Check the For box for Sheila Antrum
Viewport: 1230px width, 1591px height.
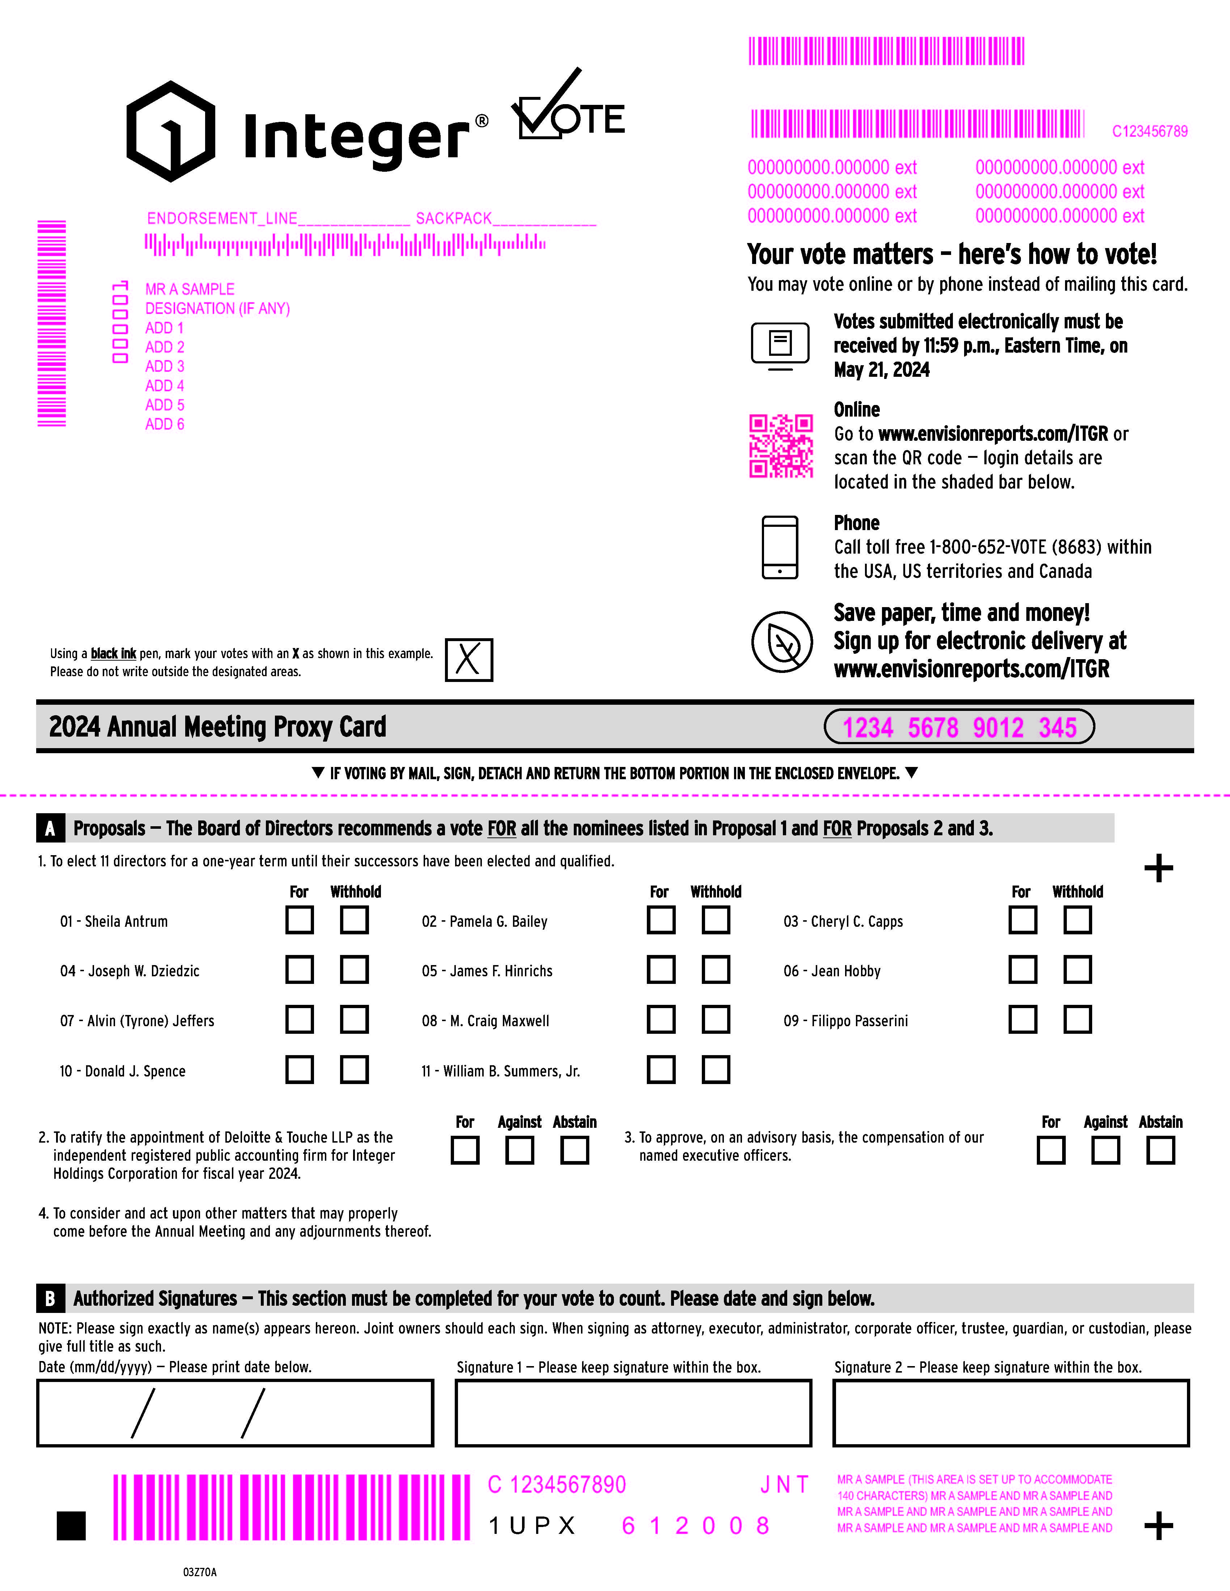pyautogui.click(x=300, y=920)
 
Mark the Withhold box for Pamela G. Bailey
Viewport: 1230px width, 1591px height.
pyautogui.click(x=716, y=920)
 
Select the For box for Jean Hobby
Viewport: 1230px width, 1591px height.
pyautogui.click(x=1022, y=970)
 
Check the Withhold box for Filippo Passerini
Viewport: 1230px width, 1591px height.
pyautogui.click(x=1077, y=1020)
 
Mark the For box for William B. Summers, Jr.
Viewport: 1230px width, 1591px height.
pyautogui.click(x=661, y=1070)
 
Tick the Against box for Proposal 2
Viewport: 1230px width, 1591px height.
pyautogui.click(x=519, y=1150)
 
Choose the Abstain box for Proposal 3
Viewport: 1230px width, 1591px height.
pyautogui.click(x=1160, y=1150)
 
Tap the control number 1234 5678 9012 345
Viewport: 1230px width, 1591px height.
pyautogui.click(x=959, y=727)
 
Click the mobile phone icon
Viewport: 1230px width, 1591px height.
pyautogui.click(x=780, y=548)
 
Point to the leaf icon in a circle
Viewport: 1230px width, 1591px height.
pyautogui.click(x=782, y=642)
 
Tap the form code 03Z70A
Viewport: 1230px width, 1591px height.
pyautogui.click(x=200, y=1571)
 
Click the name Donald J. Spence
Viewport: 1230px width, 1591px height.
pyautogui.click(x=122, y=1071)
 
